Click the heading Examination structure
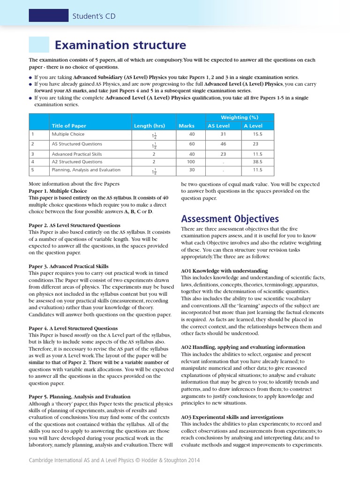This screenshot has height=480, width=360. (x=120, y=45)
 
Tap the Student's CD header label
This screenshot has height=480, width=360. (x=93, y=16)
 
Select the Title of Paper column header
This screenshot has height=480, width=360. (x=69, y=126)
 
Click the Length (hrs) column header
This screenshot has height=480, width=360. (x=150, y=126)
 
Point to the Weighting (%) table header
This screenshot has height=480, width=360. (x=240, y=117)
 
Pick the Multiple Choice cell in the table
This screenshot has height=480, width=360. (x=68, y=134)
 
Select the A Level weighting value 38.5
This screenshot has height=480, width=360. (x=258, y=162)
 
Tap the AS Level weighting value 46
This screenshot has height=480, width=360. (x=223, y=144)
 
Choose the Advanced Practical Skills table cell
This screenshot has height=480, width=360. (x=77, y=154)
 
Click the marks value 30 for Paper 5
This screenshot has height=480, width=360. (x=191, y=170)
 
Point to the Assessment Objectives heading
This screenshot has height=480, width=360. (x=230, y=219)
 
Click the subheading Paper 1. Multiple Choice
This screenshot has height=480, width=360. (x=58, y=191)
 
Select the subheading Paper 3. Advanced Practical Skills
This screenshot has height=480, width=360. (x=68, y=266)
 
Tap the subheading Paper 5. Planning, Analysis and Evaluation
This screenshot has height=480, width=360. (x=80, y=397)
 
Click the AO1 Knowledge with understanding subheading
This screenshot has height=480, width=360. (x=224, y=270)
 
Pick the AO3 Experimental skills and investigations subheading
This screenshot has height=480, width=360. (x=232, y=417)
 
